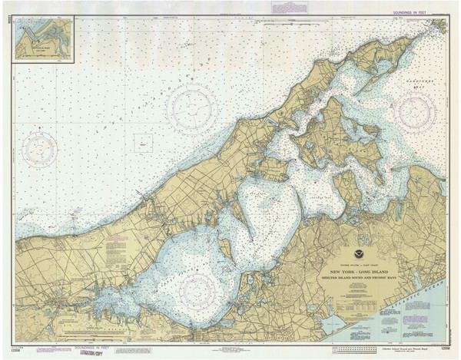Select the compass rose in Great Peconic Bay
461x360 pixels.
[x=198, y=290]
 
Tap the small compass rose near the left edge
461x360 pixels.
[x=39, y=147]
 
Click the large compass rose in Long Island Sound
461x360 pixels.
[x=192, y=107]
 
